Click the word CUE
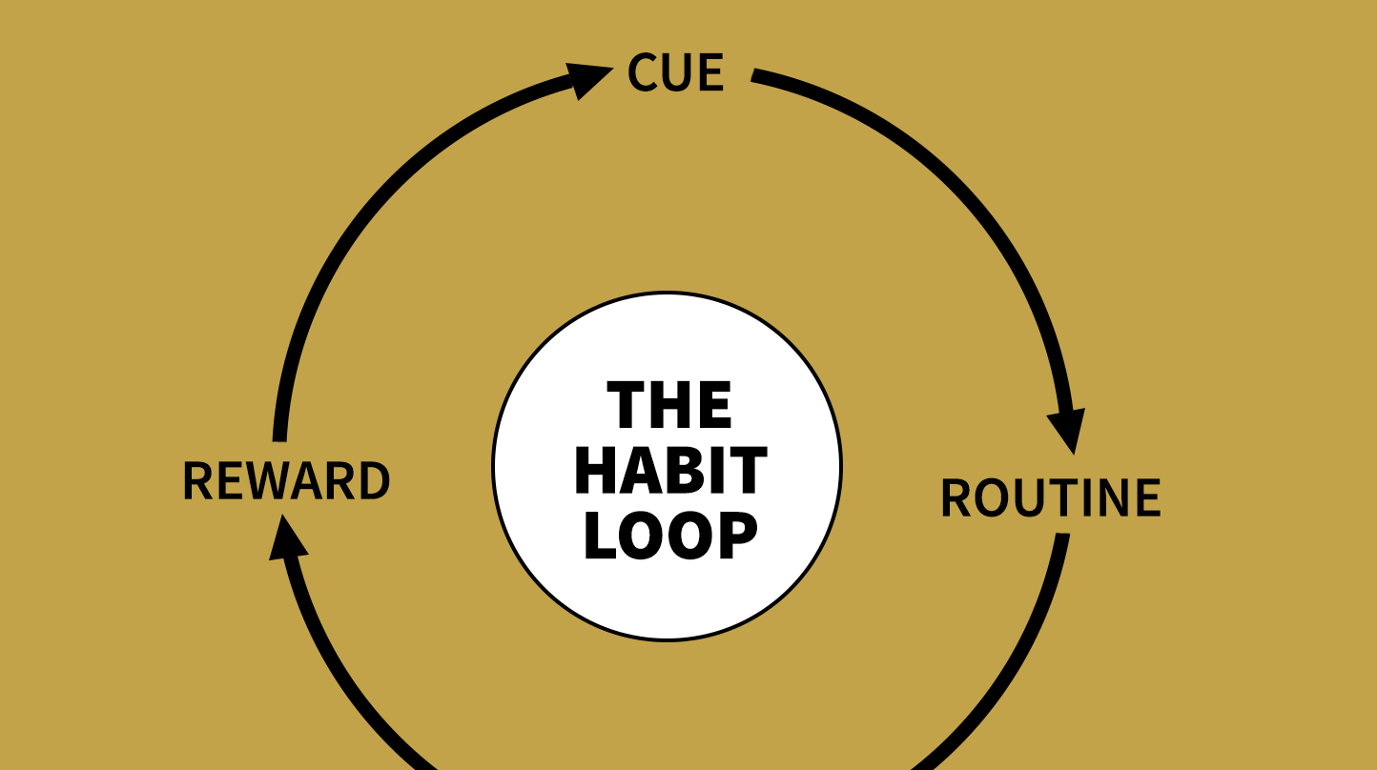(x=675, y=72)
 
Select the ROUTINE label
(x=1051, y=497)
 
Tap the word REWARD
(x=286, y=480)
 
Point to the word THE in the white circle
(x=668, y=404)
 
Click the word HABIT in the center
(x=670, y=470)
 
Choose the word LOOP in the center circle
(x=670, y=536)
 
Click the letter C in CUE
(x=643, y=72)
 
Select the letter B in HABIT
(x=700, y=470)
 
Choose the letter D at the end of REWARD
(x=375, y=480)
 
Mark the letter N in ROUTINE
(x=1109, y=497)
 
